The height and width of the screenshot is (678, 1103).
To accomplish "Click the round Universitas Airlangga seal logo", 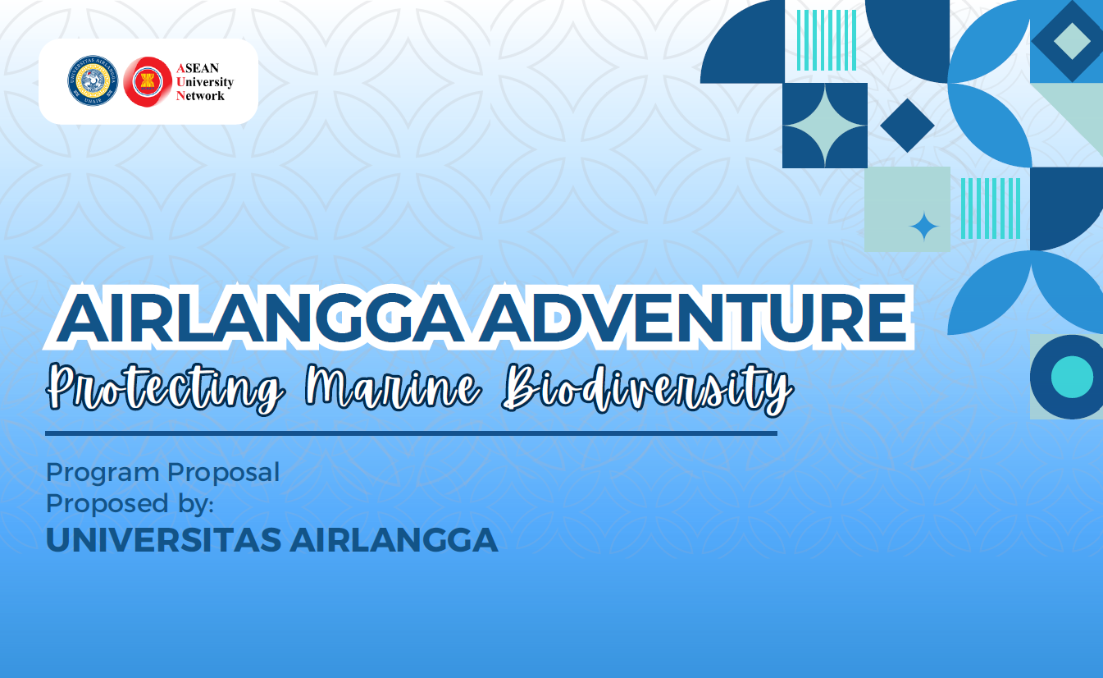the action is [93, 80].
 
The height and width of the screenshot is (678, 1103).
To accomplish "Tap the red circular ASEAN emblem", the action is [148, 81].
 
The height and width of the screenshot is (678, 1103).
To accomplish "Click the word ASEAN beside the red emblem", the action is [198, 68].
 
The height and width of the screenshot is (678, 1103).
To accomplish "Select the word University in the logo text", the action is [205, 82].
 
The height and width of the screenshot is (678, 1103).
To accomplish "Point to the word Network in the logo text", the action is [200, 95].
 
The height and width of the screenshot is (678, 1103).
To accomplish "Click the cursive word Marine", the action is [393, 387].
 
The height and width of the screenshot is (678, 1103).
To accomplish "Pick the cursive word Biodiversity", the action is [647, 389].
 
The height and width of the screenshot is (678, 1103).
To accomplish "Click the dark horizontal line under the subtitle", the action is [411, 433].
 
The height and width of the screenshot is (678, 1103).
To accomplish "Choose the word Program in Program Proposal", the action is [102, 474].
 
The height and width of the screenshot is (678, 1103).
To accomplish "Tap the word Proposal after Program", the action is [224, 474].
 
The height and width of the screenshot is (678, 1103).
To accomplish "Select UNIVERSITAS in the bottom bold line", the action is [163, 540].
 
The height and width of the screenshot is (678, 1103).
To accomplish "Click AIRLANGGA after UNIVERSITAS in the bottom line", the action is [394, 540].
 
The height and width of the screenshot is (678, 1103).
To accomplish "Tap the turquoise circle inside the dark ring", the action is [1072, 377].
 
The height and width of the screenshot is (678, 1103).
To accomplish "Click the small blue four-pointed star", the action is [923, 227].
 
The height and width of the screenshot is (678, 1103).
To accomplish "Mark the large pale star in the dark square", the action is [825, 125].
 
